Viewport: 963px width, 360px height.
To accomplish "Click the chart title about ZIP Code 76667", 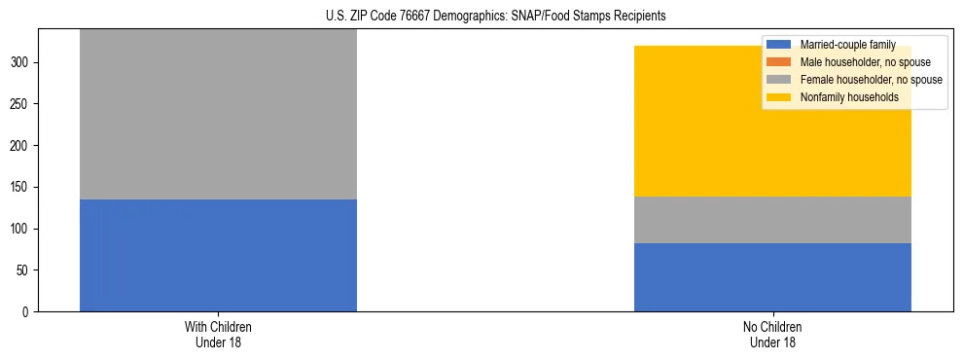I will tap(482, 17).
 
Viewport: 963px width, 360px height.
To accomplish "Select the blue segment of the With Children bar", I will tap(218, 255).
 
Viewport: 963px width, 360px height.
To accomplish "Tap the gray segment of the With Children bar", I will tap(218, 115).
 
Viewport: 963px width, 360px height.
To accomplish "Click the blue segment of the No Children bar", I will tap(772, 277).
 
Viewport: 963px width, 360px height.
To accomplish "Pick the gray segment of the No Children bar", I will tap(772, 220).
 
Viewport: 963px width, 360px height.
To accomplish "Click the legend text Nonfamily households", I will tap(842, 97).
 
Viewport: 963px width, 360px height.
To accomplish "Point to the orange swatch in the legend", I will tap(779, 62).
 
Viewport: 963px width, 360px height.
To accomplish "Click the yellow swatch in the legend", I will tap(779, 97).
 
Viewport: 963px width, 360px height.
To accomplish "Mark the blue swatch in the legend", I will tap(779, 45).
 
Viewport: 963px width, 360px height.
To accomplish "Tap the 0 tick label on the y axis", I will tap(28, 311).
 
